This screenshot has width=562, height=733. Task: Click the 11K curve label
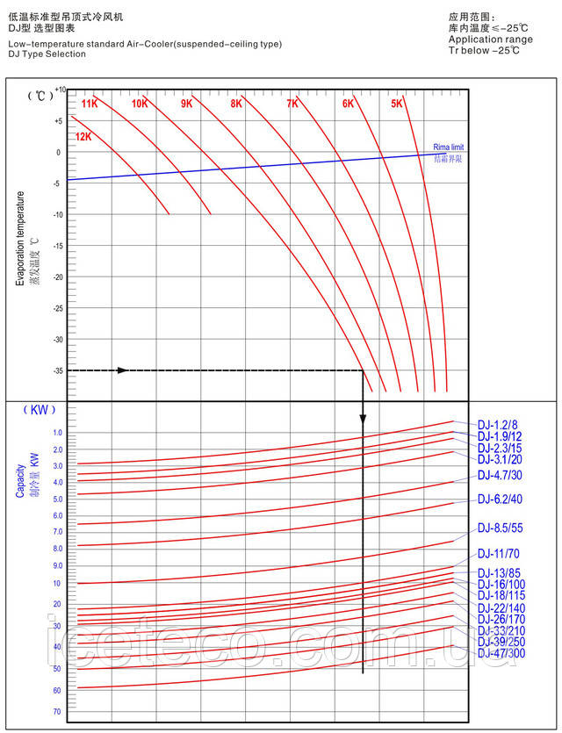pos(90,104)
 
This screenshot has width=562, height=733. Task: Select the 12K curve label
pos(83,136)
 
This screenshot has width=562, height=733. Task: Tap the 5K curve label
pos(397,104)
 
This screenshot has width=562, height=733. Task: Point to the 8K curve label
pos(236,104)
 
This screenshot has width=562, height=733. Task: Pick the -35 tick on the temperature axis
pos(57,371)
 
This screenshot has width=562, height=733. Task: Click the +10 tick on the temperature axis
pos(59,90)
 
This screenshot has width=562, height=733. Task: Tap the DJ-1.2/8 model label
pos(498,424)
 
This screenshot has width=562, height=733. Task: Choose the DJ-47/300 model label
pos(501,653)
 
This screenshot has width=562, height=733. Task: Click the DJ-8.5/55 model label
pos(501,528)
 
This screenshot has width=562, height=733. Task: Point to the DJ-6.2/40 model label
pos(501,499)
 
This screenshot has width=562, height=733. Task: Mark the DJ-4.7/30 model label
pos(501,476)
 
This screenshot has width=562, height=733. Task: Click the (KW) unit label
pos(39,410)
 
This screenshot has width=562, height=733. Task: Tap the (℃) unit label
pos(40,95)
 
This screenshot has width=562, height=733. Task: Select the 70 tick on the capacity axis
pos(56,712)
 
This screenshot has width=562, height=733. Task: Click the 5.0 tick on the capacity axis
pos(57,499)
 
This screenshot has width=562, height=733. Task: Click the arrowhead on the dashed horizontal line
pos(122,370)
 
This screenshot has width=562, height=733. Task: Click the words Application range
pos(490,40)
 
